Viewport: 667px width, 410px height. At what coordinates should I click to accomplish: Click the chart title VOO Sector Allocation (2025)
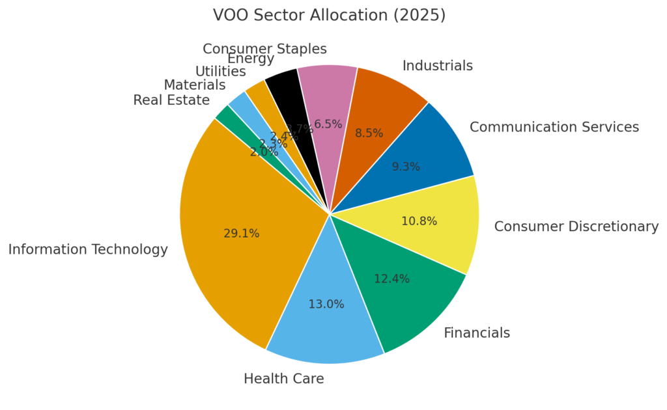click(x=329, y=15)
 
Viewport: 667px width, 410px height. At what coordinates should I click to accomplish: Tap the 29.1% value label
click(x=241, y=234)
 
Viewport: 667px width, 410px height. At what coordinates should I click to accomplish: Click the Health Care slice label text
click(x=283, y=379)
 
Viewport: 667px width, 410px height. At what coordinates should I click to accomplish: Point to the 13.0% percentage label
click(x=326, y=305)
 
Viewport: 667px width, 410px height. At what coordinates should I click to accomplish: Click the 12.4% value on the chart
click(x=391, y=279)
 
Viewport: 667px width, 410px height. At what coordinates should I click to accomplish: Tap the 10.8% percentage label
click(x=419, y=221)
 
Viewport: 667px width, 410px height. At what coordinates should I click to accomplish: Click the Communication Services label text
click(x=554, y=128)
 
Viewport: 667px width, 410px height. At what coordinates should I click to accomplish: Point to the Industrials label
click(x=437, y=66)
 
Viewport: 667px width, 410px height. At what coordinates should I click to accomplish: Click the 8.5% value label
click(x=369, y=133)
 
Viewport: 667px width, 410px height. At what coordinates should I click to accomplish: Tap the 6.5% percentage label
click(x=328, y=124)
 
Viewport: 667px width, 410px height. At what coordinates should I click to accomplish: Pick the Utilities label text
click(x=220, y=72)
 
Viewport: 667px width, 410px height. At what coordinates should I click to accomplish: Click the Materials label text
click(x=194, y=85)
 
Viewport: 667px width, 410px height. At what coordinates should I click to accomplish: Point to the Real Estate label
click(x=171, y=100)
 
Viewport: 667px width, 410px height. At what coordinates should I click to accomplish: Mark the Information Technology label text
click(x=88, y=250)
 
